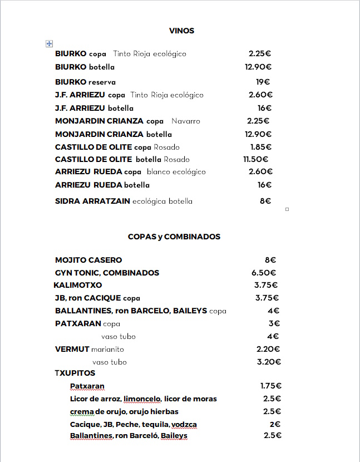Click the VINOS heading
pyautogui.click(x=181, y=31)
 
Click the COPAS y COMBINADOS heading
pyautogui.click(x=174, y=237)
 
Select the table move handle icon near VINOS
pyautogui.click(x=49, y=43)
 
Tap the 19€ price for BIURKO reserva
pyautogui.click(x=263, y=82)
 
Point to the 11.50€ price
pyautogui.click(x=257, y=159)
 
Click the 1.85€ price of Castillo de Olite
pyautogui.click(x=260, y=147)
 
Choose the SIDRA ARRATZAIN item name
pyautogui.click(x=92, y=201)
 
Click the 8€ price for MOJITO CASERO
pyautogui.click(x=270, y=260)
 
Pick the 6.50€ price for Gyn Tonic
pyautogui.click(x=264, y=273)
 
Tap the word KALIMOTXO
pyautogui.click(x=78, y=285)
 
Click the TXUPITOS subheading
pyautogui.click(x=75, y=373)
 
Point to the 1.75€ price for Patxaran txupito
pyautogui.click(x=271, y=386)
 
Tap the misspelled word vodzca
pyautogui.click(x=185, y=424)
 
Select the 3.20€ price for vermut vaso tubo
pyautogui.click(x=269, y=362)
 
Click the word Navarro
pyautogui.click(x=186, y=121)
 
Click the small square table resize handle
pyautogui.click(x=287, y=209)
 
